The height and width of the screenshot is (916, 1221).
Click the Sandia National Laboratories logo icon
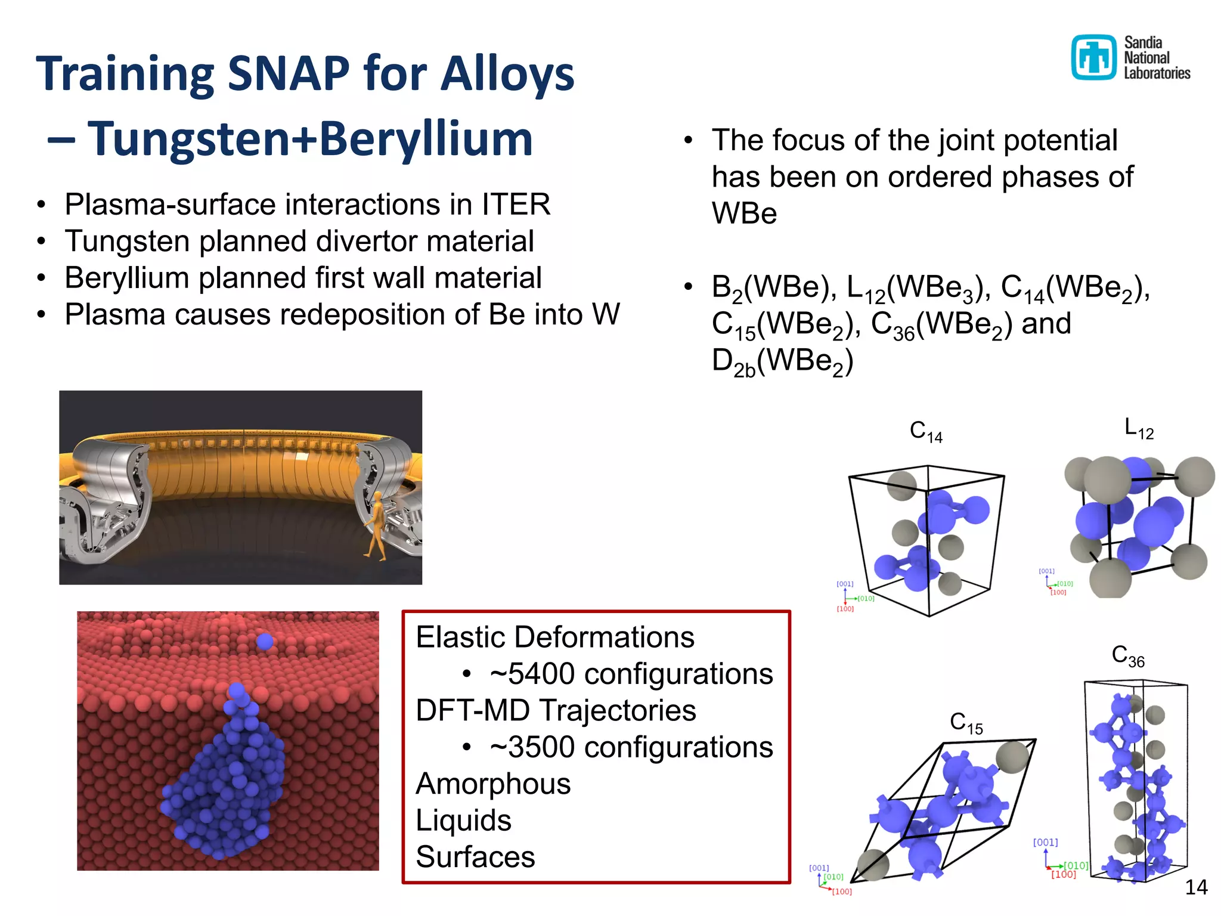(x=1093, y=57)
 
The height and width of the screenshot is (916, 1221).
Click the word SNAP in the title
(x=289, y=73)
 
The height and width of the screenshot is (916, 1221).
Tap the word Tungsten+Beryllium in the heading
(x=310, y=138)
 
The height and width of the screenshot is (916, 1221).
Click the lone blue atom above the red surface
(x=265, y=642)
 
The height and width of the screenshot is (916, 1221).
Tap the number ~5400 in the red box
(x=534, y=674)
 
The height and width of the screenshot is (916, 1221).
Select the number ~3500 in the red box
(x=534, y=747)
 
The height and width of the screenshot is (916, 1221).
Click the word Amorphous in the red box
(x=493, y=784)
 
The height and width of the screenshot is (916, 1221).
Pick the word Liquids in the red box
(x=463, y=821)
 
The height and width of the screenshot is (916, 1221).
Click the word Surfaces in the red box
(x=475, y=857)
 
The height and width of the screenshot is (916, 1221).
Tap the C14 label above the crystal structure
(x=925, y=431)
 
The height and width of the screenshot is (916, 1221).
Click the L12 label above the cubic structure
(x=1138, y=429)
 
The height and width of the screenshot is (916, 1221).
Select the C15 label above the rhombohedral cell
(x=966, y=723)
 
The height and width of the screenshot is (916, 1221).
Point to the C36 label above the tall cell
(x=1127, y=656)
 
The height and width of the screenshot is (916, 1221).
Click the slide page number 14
(x=1195, y=887)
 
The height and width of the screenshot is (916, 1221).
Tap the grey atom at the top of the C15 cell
(x=1012, y=757)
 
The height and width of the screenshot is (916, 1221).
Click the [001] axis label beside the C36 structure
(x=1045, y=842)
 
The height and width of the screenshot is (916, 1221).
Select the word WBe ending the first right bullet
(x=744, y=213)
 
